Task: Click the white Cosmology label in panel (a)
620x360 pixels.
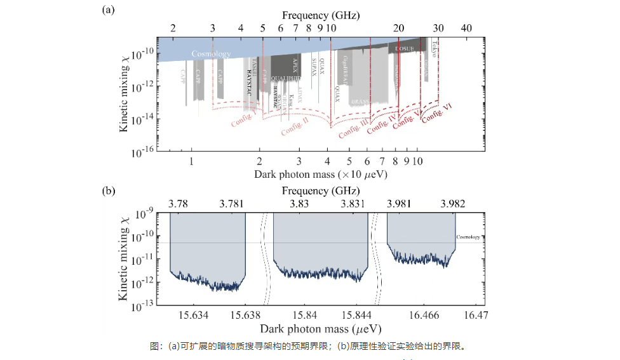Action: click(x=211, y=54)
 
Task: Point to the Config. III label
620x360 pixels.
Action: click(x=353, y=127)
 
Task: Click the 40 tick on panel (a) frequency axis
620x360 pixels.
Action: click(x=466, y=28)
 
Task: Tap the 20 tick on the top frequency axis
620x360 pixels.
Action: click(x=398, y=28)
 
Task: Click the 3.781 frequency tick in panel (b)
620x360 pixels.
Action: click(x=232, y=204)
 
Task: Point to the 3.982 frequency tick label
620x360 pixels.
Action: click(x=452, y=204)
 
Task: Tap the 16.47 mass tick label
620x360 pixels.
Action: click(x=475, y=316)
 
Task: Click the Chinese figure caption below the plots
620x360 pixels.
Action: click(x=311, y=347)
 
